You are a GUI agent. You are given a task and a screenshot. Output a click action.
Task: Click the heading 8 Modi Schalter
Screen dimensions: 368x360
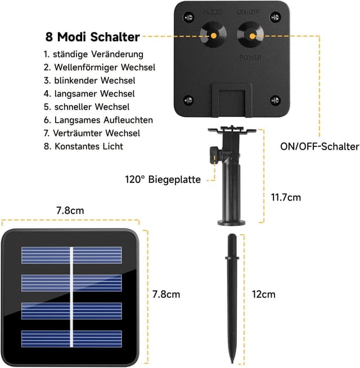coord(92,37)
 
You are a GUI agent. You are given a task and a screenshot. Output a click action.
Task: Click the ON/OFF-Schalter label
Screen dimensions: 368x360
coord(319,147)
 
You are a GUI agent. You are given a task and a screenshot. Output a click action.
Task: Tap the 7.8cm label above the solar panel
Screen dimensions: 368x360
coord(70,210)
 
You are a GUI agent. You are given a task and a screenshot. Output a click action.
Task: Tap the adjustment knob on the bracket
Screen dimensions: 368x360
coord(214,155)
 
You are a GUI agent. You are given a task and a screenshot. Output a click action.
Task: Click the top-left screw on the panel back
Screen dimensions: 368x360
coord(187,15)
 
